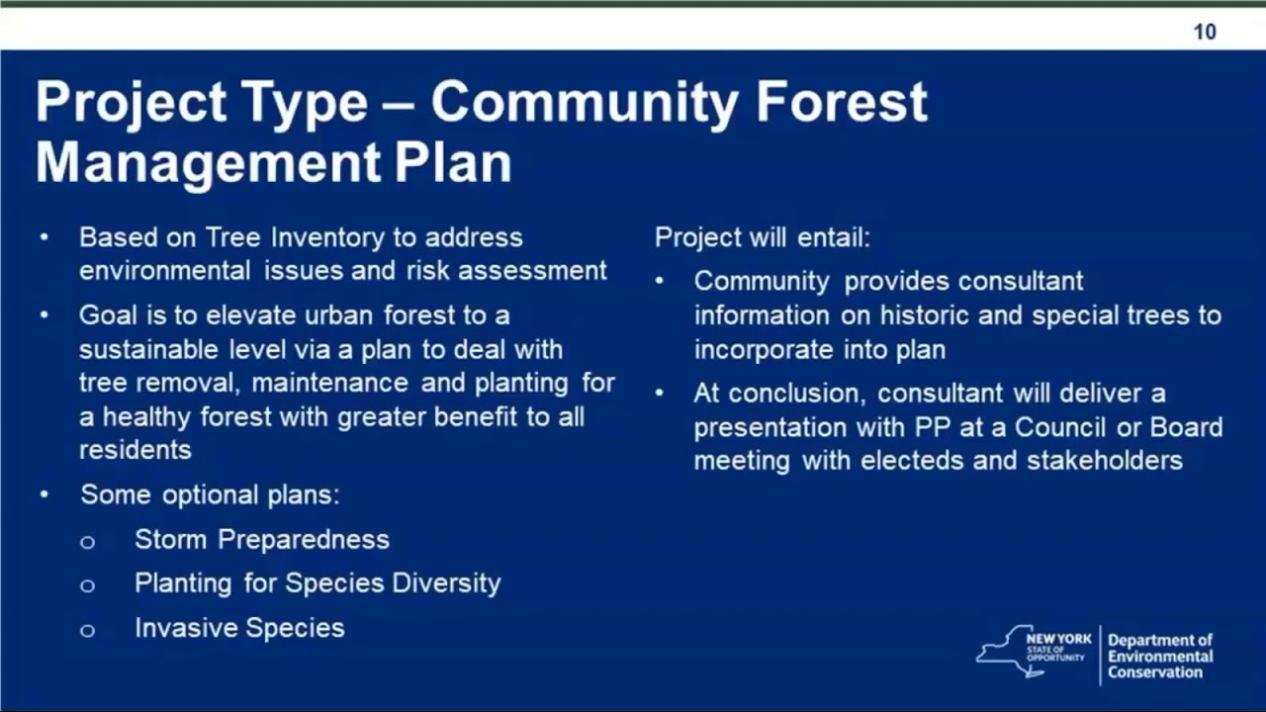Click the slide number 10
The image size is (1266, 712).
click(1204, 32)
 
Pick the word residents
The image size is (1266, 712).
click(136, 450)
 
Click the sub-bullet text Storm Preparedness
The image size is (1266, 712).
click(262, 540)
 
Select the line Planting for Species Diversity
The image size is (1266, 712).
click(317, 583)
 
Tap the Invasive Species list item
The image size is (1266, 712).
click(239, 628)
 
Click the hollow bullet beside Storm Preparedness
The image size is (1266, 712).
click(87, 542)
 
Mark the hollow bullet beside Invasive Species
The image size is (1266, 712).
click(87, 630)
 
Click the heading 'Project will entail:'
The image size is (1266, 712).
click(763, 238)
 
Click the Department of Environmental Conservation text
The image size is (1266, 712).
click(1160, 657)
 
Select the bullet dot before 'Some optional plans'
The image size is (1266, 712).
click(45, 494)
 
